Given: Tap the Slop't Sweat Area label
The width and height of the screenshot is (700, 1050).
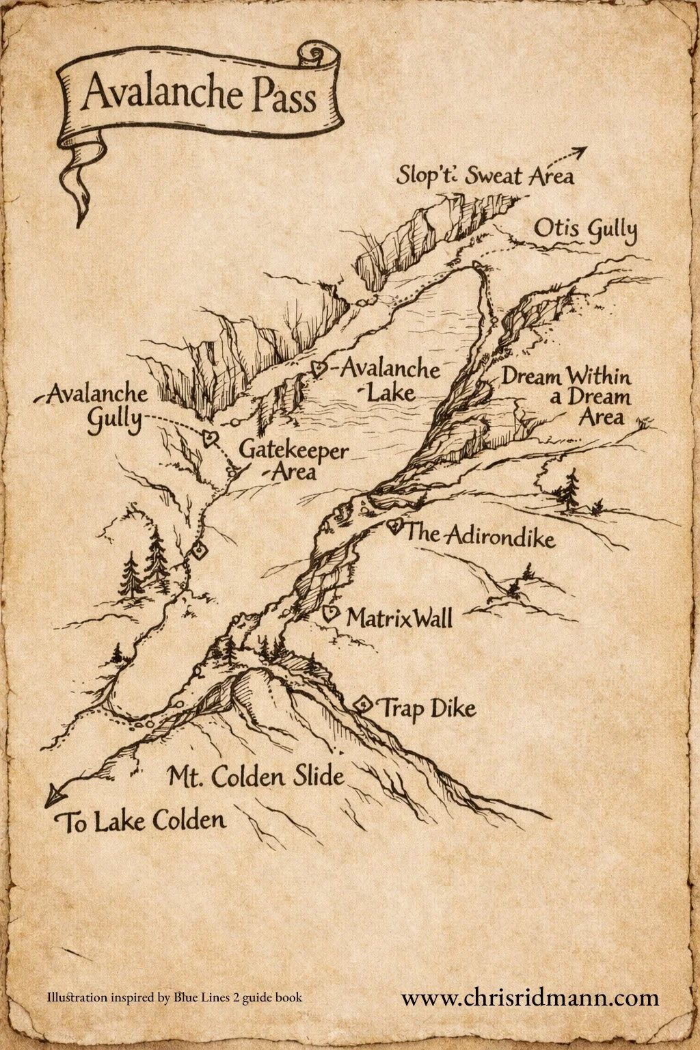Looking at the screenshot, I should point(485,176).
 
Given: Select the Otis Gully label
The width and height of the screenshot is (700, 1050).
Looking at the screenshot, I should point(585,230).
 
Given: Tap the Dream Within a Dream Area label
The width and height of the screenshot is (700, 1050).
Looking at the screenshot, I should point(567,396).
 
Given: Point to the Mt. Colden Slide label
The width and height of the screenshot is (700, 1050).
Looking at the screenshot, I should point(256,777).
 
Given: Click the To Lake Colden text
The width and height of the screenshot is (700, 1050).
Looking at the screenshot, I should point(144,820).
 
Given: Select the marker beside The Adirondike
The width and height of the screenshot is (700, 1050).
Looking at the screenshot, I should point(394,526).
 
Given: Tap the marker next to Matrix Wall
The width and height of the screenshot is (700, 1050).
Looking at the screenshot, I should point(330,613).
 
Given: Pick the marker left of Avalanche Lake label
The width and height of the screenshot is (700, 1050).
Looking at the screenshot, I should point(318,369).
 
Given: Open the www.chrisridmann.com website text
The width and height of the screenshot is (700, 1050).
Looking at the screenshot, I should point(530,997).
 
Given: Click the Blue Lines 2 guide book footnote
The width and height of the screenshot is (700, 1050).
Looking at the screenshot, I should point(174,997).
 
